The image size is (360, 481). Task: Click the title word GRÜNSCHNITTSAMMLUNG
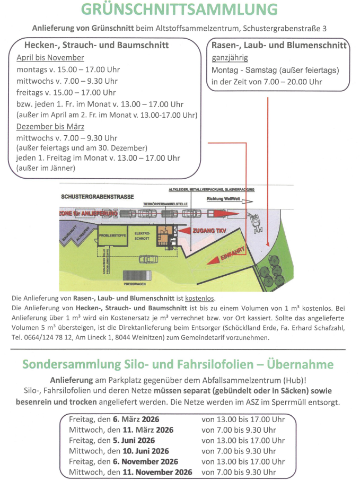click(179, 10)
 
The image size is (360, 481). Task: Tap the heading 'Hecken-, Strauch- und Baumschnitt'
click(96, 45)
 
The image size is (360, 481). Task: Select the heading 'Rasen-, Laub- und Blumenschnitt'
click(279, 45)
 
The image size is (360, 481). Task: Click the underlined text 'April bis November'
click(50, 58)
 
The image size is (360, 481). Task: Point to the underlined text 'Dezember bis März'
click(50, 127)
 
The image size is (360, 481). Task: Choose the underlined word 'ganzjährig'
click(230, 58)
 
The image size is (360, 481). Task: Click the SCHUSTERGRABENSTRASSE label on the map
click(97, 197)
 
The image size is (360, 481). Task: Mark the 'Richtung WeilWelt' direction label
click(223, 199)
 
